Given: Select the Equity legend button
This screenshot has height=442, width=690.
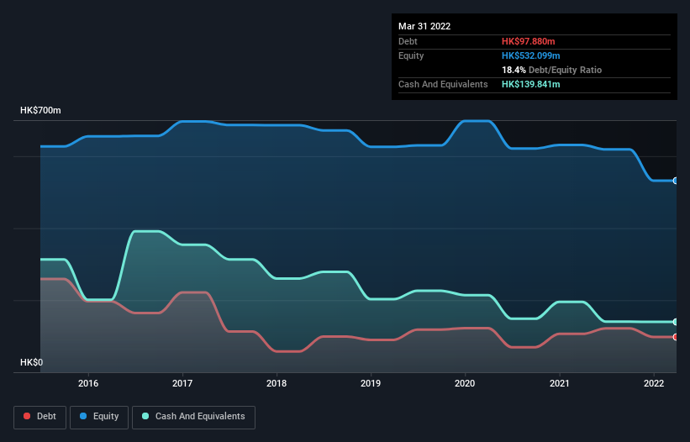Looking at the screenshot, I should pos(99,416).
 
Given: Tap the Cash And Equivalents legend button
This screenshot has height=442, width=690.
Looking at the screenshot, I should pos(193,416).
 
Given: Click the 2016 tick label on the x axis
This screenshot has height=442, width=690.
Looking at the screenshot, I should pos(87,383).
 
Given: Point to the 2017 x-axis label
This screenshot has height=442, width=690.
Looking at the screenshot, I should pos(182,383).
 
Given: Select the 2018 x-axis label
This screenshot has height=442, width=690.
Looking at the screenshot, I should pos(277,383).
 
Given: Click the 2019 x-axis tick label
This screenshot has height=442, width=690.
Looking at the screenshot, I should pos(371,383).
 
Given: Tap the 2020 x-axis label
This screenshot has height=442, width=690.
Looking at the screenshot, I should pos(465,383).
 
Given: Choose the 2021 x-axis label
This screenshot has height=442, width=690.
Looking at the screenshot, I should pos(559,383).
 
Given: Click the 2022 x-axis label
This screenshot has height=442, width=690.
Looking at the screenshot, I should pos(653,383).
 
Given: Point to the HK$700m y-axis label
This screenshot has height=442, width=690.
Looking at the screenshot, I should pos(40,111).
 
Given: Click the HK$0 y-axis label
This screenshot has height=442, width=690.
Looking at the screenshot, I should pos(32,363).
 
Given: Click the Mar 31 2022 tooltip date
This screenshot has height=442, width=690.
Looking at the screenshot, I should pos(424,26).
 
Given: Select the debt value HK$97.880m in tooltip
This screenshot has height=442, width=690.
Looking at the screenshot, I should pos(529,41).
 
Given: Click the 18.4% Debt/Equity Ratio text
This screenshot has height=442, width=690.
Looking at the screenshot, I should pos(551,70).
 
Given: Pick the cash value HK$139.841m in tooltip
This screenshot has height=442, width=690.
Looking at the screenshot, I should pos(531,84).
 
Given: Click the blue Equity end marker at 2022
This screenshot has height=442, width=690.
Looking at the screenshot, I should pos(675,181).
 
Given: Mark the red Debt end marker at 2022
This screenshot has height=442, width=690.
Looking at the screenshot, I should pos(675,337).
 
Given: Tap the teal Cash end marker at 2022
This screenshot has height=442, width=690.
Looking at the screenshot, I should pos(675,322).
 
